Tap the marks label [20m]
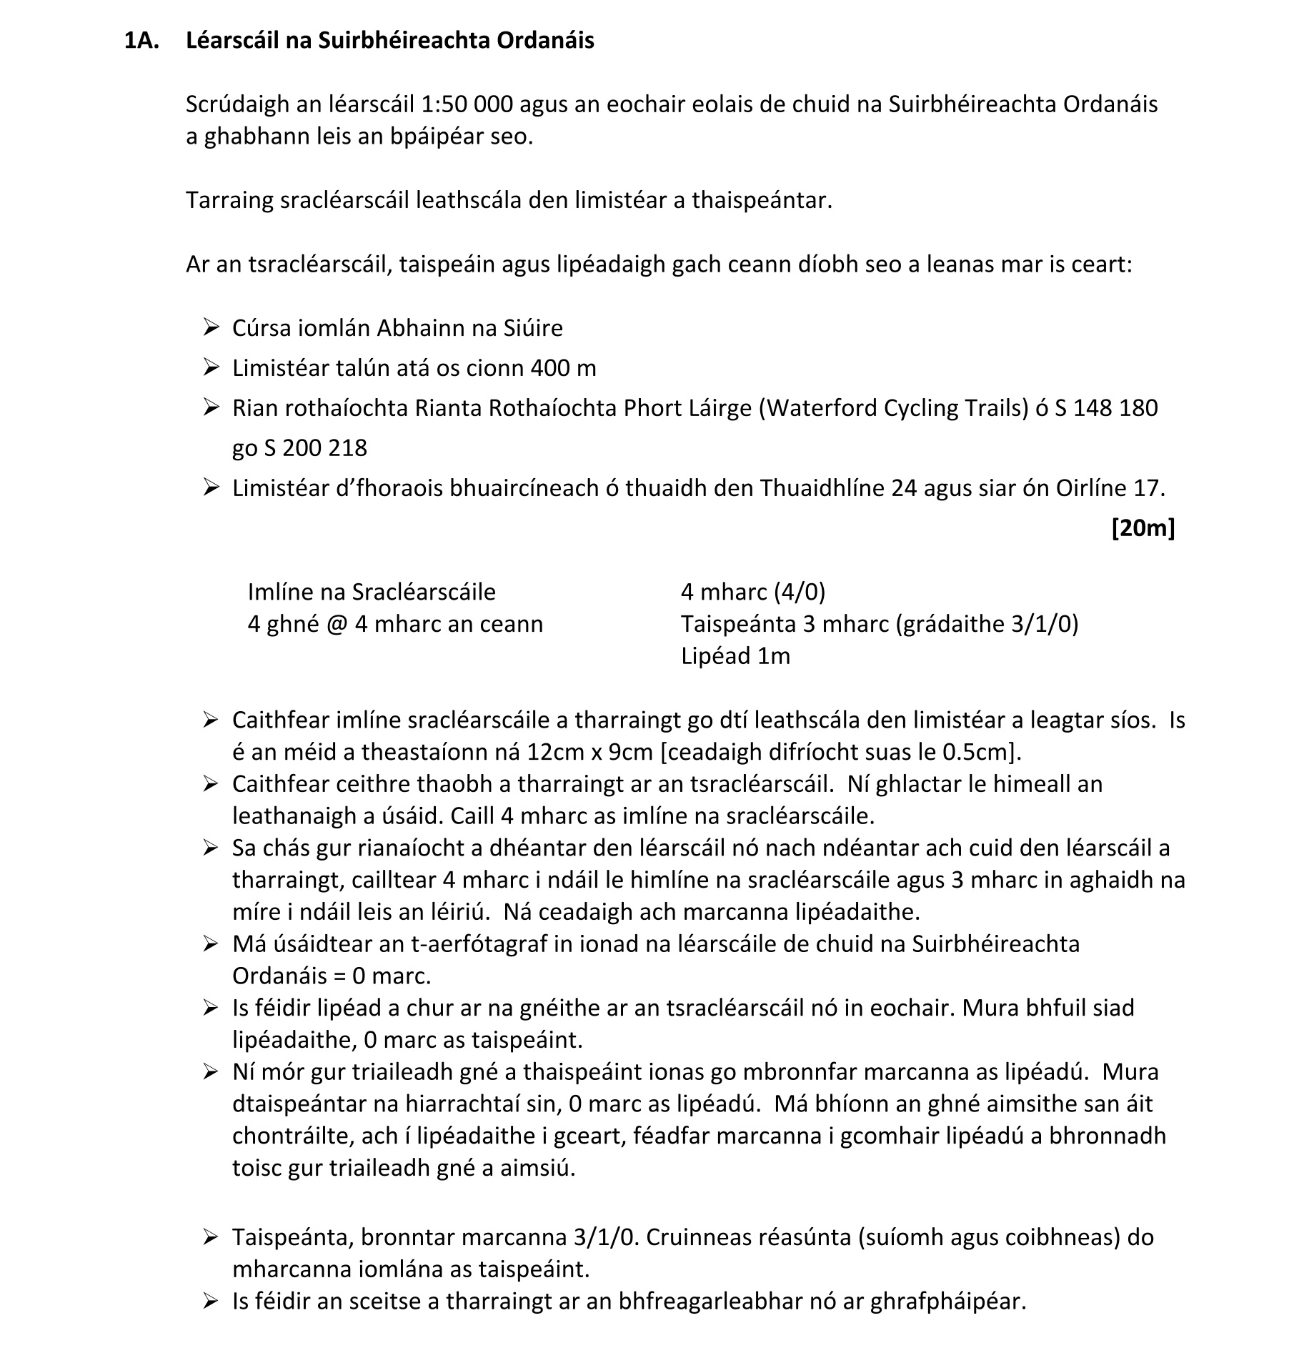click(1143, 528)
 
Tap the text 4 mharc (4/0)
click(753, 592)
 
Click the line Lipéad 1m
click(735, 656)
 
